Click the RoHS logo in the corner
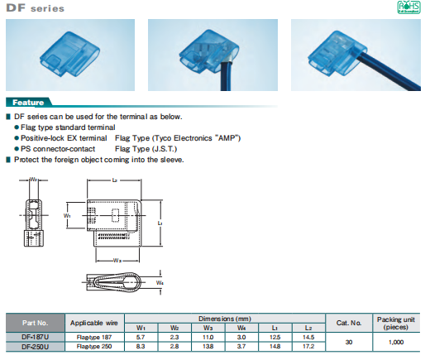pos(409,7)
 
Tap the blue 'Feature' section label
pos(32,103)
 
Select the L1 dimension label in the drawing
pos(160,223)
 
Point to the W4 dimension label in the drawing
pos(159,284)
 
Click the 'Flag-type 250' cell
pos(91,348)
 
